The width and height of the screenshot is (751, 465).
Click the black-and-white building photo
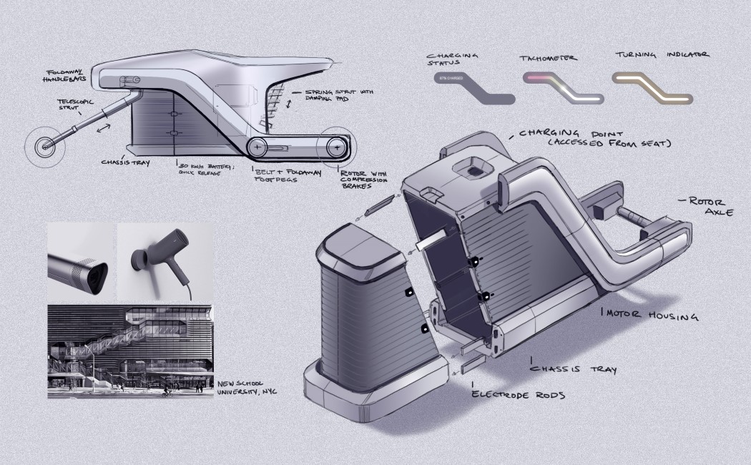point(129,351)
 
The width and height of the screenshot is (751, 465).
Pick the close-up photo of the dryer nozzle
point(81,262)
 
